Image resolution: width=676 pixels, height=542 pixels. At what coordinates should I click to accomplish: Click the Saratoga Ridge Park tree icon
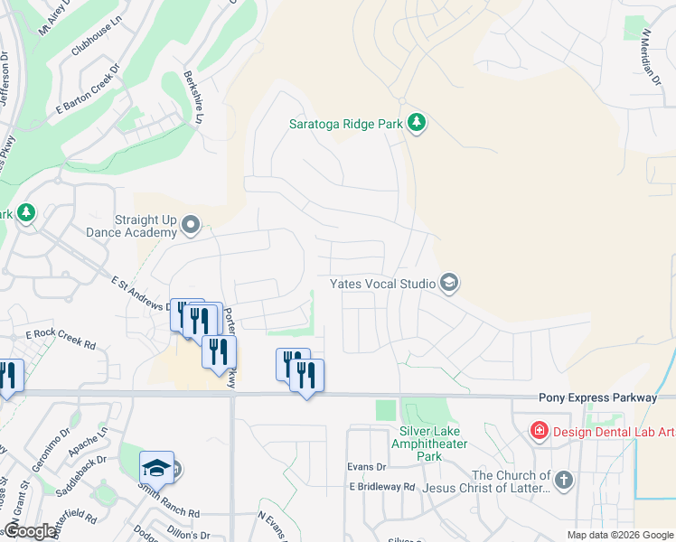(416, 122)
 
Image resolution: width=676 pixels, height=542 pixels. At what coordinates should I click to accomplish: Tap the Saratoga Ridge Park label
(345, 125)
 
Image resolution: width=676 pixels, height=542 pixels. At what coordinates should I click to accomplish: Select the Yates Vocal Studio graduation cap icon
(448, 284)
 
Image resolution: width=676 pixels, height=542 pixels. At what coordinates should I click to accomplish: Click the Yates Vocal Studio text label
(382, 284)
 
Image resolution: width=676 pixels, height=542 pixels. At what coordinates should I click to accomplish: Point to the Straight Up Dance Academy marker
(190, 224)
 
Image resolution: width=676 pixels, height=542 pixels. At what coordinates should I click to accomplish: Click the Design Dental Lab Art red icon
(540, 429)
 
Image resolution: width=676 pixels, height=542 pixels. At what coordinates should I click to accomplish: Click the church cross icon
(564, 480)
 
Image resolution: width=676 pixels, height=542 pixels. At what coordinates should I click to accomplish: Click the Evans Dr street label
(367, 467)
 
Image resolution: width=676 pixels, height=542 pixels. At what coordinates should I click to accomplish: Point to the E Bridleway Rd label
(382, 486)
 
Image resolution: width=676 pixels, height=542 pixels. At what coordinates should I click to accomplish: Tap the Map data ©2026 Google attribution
(619, 535)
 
